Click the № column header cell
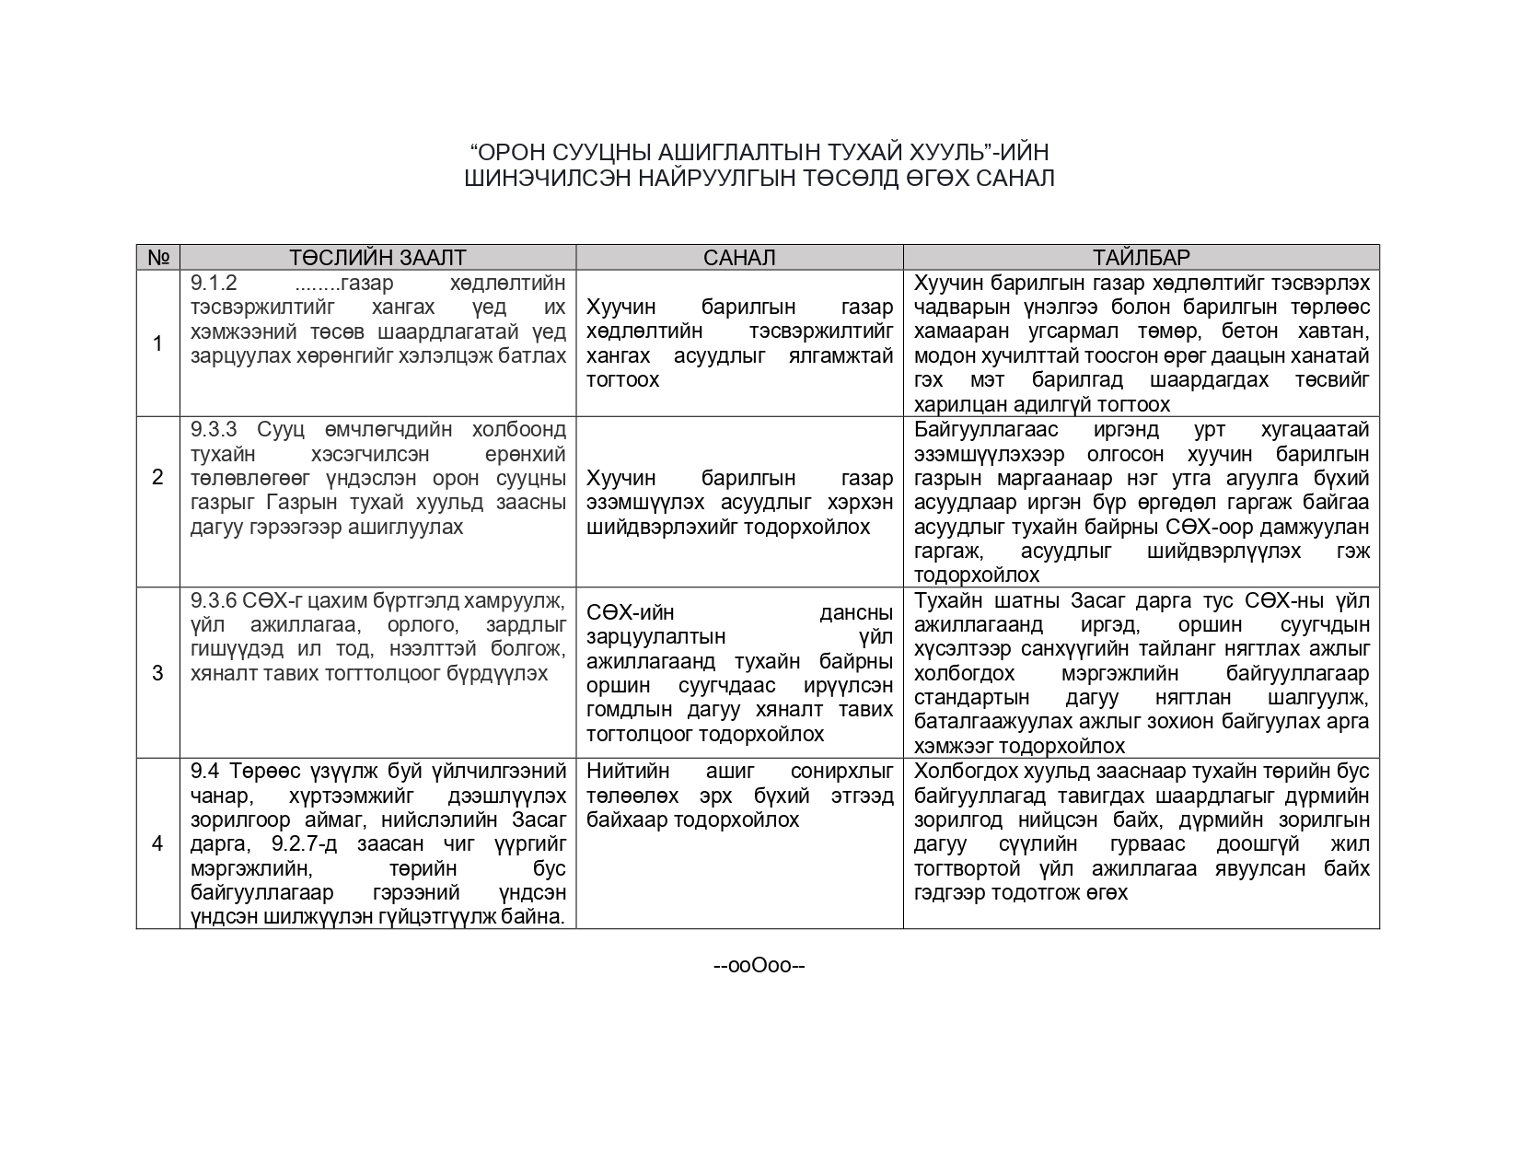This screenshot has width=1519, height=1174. [x=157, y=258]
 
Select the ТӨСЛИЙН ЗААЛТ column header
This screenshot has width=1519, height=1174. [x=377, y=258]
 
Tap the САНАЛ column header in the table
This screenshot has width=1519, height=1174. [x=739, y=258]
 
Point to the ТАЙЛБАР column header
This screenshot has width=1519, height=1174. [x=1141, y=258]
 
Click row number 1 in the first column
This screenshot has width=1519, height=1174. [x=157, y=343]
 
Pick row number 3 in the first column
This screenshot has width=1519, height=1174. [x=157, y=673]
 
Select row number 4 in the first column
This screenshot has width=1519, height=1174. [x=157, y=843]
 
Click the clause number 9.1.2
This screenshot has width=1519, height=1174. [x=214, y=283]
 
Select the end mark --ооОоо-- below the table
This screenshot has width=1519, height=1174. [x=759, y=966]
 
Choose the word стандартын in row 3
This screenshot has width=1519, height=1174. [x=972, y=698]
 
